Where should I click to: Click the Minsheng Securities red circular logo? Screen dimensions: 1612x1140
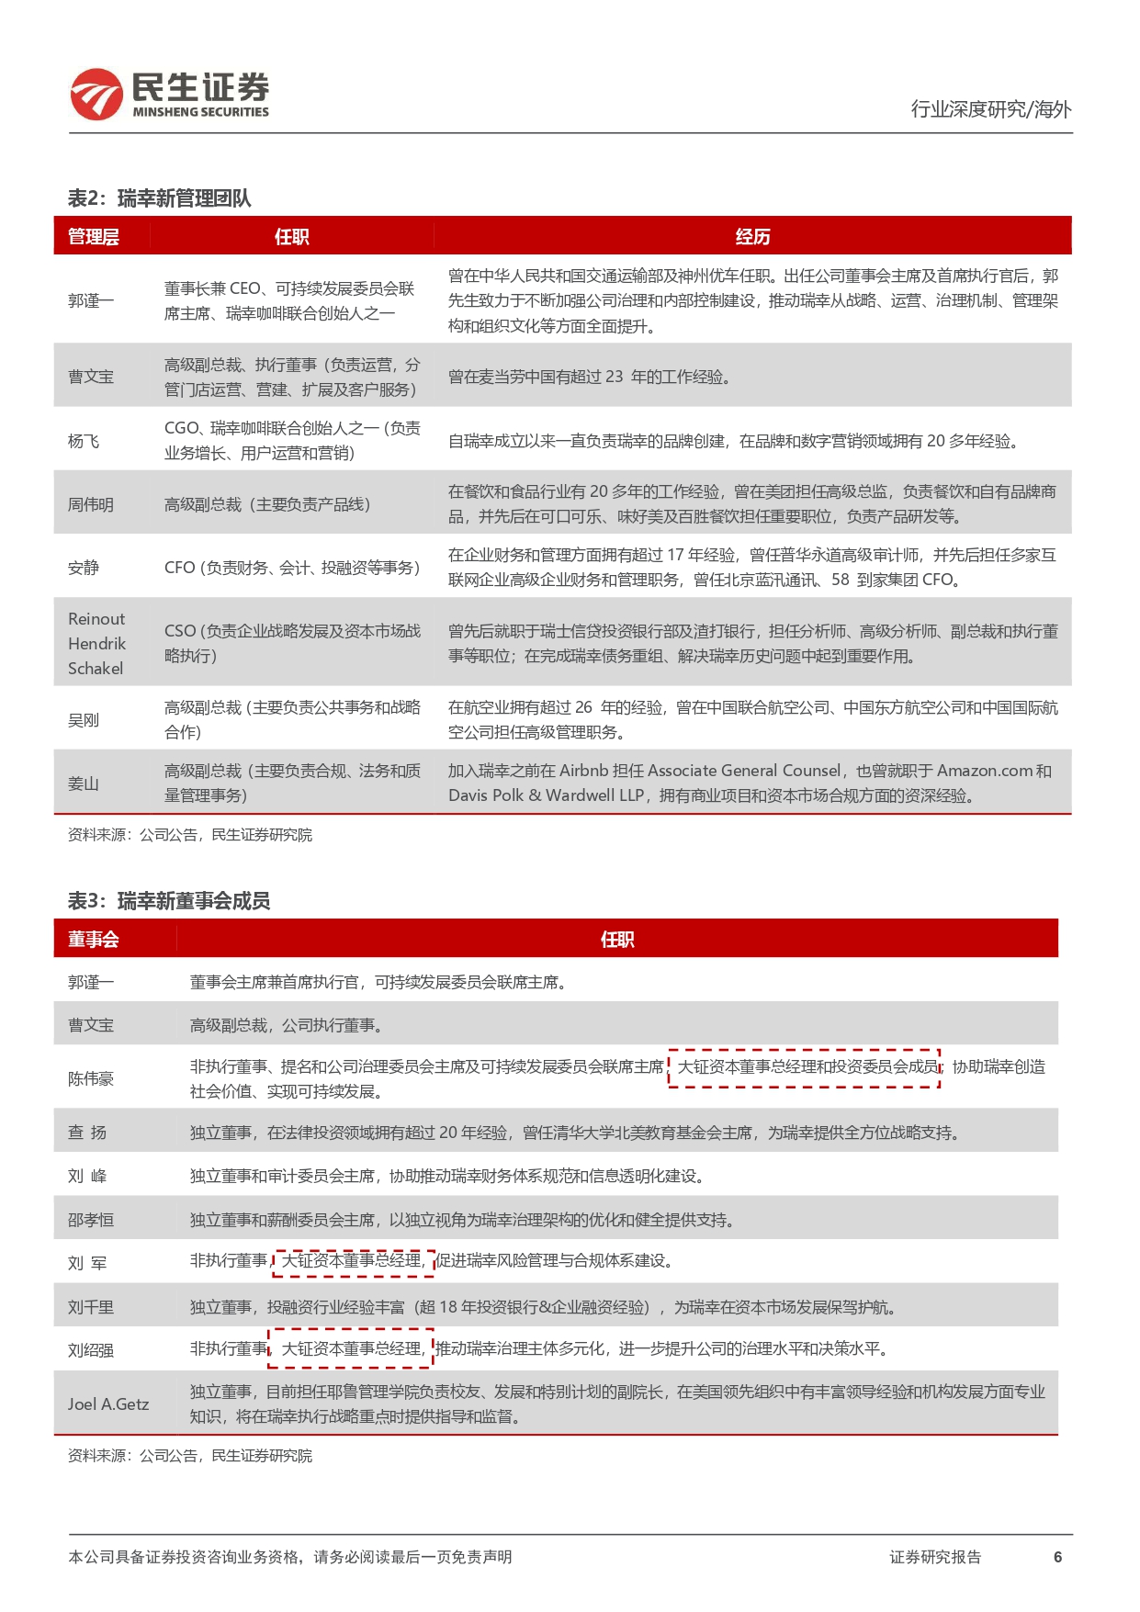[x=96, y=95]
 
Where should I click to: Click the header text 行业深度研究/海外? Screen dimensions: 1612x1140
[x=990, y=109]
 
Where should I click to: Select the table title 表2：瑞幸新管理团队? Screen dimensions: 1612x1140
[x=159, y=198]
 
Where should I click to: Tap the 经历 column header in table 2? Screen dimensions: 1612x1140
[x=752, y=237]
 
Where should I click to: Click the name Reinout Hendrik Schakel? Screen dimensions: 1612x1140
[x=96, y=644]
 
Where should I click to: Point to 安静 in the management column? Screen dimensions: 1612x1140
[x=84, y=569]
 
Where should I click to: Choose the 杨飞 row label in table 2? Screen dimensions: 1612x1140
[x=84, y=442]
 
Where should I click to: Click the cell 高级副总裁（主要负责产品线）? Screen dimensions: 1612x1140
[x=267, y=505]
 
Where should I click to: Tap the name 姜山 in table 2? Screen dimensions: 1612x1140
[x=84, y=784]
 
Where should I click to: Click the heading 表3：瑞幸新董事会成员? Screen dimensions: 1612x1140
[x=169, y=901]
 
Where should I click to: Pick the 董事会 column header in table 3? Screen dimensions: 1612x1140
[x=93, y=940]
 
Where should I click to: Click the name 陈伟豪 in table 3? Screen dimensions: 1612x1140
[x=91, y=1079]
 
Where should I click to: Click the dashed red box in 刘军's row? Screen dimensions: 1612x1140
[x=353, y=1262]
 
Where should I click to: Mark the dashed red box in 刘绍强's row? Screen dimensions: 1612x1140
[x=350, y=1349]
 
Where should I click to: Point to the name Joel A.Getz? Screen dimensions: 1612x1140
[x=108, y=1404]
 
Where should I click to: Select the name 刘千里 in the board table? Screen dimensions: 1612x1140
[x=91, y=1308]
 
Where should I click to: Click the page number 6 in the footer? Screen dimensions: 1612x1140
[x=1057, y=1557]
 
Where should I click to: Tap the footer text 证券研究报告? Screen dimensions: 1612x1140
[x=935, y=1557]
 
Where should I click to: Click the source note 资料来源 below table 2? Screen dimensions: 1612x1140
[x=190, y=835]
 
